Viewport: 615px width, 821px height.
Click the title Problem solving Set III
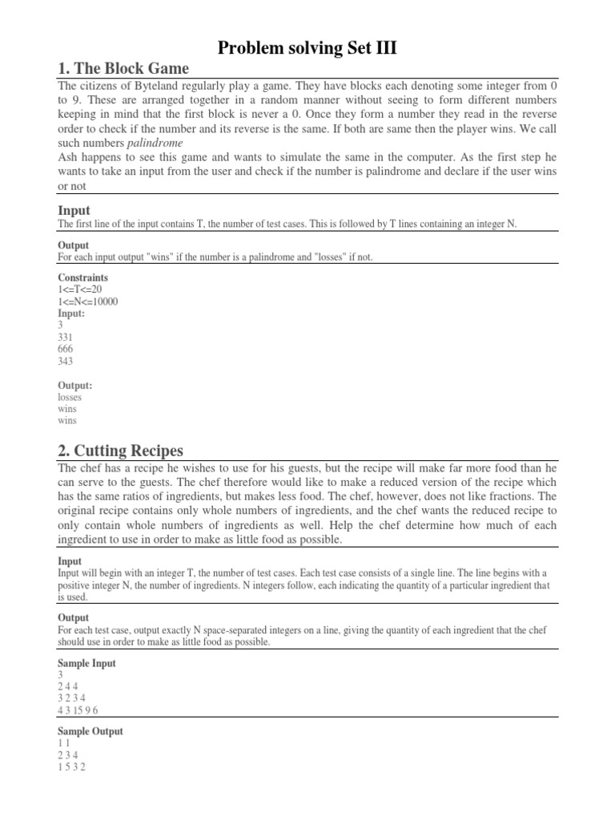(307, 49)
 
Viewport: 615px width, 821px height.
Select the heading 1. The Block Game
(123, 68)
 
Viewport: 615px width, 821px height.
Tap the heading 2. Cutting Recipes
(120, 450)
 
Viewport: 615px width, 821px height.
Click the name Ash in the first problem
(68, 157)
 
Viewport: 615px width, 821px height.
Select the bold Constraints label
(83, 278)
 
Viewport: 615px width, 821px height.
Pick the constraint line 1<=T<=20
(81, 290)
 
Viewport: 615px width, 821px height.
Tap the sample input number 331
(66, 338)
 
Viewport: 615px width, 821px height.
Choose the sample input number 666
(66, 350)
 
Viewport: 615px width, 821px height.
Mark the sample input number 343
(66, 362)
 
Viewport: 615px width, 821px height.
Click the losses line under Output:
(70, 397)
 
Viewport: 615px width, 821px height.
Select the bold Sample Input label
(86, 663)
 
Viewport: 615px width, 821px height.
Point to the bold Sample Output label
(90, 732)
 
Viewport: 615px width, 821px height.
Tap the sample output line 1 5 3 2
(72, 767)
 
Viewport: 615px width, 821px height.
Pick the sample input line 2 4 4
(68, 687)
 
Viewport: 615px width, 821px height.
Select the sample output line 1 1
(64, 744)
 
